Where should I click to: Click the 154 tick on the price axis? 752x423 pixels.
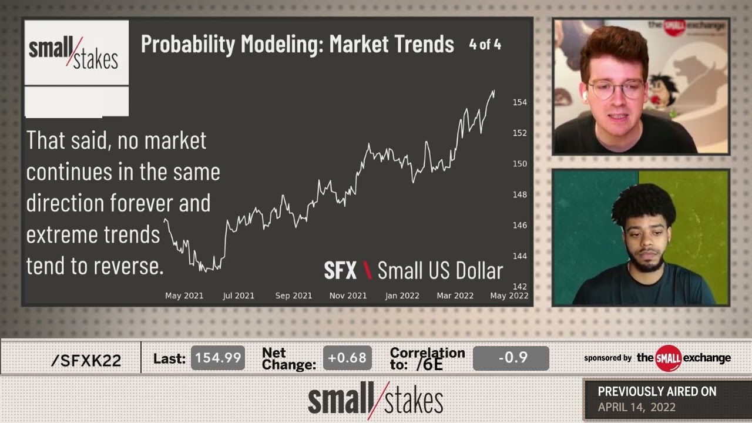pyautogui.click(x=519, y=102)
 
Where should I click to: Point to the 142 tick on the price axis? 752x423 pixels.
pyautogui.click(x=519, y=287)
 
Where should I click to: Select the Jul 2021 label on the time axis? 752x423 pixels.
pyautogui.click(x=239, y=296)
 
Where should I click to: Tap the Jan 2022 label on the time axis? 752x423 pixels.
pyautogui.click(x=402, y=296)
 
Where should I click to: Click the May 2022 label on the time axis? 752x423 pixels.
pyautogui.click(x=509, y=296)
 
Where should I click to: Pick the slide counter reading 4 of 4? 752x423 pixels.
pyautogui.click(x=485, y=45)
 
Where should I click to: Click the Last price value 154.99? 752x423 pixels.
pyautogui.click(x=218, y=358)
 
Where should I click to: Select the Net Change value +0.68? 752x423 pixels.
pyautogui.click(x=347, y=358)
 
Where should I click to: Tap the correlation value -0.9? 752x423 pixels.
pyautogui.click(x=511, y=358)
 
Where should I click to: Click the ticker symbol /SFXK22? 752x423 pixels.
pyautogui.click(x=86, y=361)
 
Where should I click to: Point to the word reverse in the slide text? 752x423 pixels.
pyautogui.click(x=127, y=266)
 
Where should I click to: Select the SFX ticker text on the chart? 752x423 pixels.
pyautogui.click(x=340, y=270)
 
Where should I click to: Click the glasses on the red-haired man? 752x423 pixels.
pyautogui.click(x=616, y=89)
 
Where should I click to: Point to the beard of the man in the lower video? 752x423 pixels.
pyautogui.click(x=646, y=264)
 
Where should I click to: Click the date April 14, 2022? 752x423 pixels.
pyautogui.click(x=637, y=407)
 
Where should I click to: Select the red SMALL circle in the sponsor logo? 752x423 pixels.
pyautogui.click(x=668, y=358)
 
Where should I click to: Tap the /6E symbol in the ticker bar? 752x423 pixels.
pyautogui.click(x=429, y=364)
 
